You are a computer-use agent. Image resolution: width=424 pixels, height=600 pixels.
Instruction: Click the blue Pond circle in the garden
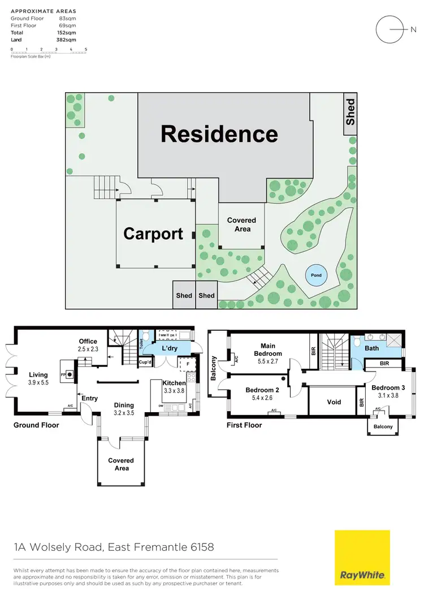pyautogui.click(x=316, y=275)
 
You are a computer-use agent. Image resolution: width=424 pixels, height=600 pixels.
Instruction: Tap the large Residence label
pyautogui.click(x=219, y=134)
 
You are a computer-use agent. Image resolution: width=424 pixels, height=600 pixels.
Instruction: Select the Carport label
pyautogui.click(x=153, y=234)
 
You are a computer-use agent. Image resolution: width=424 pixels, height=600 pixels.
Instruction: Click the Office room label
pyautogui.click(x=88, y=342)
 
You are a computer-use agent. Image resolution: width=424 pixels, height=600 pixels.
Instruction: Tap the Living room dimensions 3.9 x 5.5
pyautogui.click(x=38, y=382)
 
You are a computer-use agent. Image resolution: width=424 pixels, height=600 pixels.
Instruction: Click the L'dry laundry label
pyautogui.click(x=170, y=348)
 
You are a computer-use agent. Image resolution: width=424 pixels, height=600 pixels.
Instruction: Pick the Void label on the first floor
pyautogui.click(x=334, y=402)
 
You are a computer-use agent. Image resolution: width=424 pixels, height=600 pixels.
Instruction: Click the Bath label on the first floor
pyautogui.click(x=371, y=348)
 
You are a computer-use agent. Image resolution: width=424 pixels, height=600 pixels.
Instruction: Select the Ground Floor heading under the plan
pyautogui.click(x=36, y=425)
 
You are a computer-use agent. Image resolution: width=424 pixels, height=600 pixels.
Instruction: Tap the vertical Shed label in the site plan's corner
pyautogui.click(x=351, y=112)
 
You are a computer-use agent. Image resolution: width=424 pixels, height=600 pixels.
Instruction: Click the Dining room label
pyautogui.click(x=124, y=405)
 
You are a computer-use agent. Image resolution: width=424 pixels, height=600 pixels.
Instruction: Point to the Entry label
pyautogui.click(x=89, y=398)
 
